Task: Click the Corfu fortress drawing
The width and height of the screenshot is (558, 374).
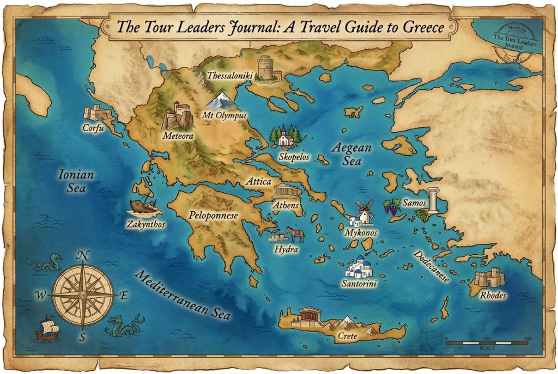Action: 96,113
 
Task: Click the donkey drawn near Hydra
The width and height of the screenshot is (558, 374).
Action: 295,234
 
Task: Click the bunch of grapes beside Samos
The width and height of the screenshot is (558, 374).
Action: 391,207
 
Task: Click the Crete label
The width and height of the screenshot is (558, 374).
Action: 347,336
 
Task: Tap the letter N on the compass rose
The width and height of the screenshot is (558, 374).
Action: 83,255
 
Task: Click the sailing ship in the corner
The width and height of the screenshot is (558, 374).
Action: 47,328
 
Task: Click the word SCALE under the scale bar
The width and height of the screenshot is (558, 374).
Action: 487,347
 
